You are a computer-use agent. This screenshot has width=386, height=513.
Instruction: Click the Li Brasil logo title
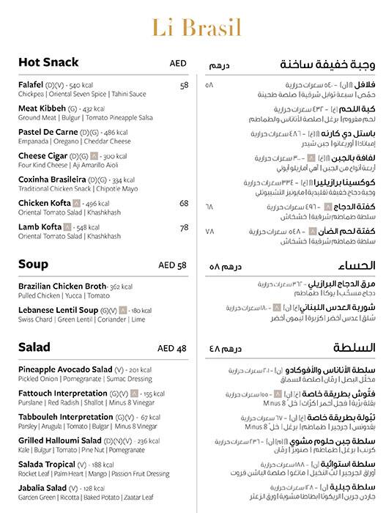[x=193, y=28]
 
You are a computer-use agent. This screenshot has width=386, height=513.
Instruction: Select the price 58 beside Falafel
[x=184, y=85]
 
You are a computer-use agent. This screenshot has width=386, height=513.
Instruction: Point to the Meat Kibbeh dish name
[x=42, y=108]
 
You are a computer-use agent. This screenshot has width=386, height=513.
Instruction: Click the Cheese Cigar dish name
[x=45, y=156]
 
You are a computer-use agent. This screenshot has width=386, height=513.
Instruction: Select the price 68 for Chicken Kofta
[x=184, y=203]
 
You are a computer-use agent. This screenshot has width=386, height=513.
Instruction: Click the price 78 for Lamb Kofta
[x=184, y=227]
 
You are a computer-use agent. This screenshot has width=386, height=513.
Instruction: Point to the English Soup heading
[x=34, y=264]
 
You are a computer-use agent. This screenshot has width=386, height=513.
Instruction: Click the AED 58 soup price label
[x=173, y=265]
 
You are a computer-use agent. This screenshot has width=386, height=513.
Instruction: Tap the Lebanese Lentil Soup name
[x=57, y=311]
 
